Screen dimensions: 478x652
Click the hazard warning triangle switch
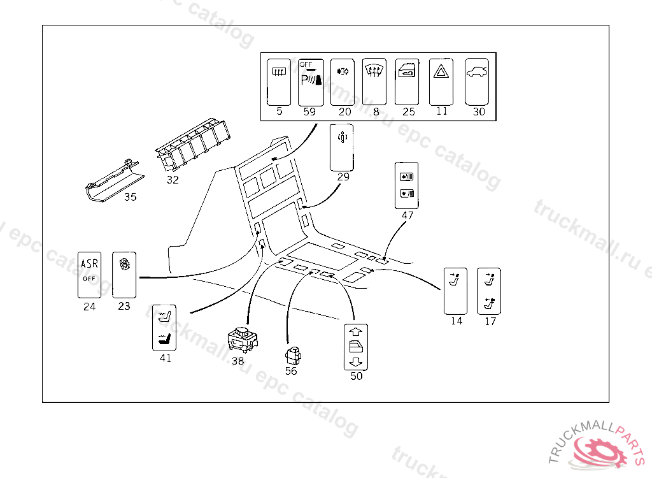(441, 82)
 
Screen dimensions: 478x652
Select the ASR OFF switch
(89, 273)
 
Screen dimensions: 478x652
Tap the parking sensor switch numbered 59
(311, 82)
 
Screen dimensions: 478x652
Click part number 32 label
(173, 180)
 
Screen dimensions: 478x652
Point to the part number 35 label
(130, 197)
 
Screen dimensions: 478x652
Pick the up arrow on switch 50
(356, 331)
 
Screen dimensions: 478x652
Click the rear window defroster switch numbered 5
(278, 82)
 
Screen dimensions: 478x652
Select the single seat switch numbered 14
(455, 291)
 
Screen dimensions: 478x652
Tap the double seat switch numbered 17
(489, 291)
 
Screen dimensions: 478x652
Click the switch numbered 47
(407, 185)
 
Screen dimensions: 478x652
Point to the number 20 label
(344, 112)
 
